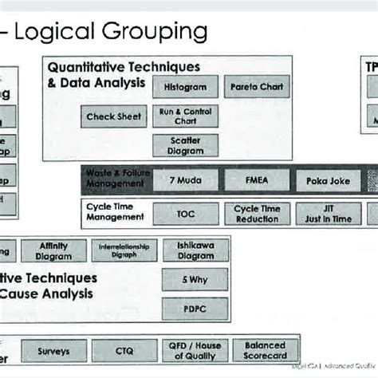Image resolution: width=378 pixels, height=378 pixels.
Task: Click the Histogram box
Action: point(185,87)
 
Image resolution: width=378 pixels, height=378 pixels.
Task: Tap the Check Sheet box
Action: point(114,116)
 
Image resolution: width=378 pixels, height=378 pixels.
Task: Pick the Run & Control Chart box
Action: point(185,116)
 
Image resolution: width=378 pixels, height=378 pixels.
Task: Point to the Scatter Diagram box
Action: point(185,145)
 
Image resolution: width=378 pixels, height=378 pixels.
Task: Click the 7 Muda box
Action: point(185,181)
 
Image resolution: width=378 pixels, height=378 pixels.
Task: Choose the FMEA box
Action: point(257,181)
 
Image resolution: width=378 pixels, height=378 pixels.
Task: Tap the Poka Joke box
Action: point(328,181)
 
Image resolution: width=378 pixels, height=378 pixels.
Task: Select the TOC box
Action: point(185,214)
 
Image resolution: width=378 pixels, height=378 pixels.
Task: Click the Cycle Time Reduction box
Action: point(257,214)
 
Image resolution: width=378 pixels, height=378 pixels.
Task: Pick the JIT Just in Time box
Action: point(328,214)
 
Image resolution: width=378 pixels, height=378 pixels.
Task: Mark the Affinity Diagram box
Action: point(53,251)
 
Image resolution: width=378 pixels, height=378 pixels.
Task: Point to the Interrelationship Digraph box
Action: point(124,251)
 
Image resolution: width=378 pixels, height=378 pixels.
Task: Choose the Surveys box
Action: point(53,350)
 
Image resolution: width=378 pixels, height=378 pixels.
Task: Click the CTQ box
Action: point(124,350)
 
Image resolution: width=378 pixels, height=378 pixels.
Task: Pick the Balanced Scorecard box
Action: point(265,350)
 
